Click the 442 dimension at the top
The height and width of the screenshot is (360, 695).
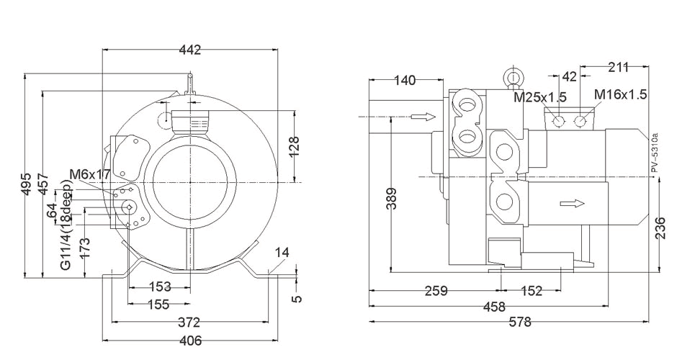click(x=189, y=50)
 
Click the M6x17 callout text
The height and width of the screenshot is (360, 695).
click(x=89, y=174)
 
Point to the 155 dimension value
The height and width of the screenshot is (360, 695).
click(x=159, y=305)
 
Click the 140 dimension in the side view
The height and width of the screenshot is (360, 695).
click(x=404, y=80)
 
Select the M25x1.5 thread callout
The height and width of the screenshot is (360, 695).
click(x=540, y=96)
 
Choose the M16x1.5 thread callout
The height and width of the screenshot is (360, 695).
click(x=620, y=94)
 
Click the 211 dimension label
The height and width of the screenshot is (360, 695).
click(x=618, y=68)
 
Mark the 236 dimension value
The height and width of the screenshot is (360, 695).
click(x=660, y=227)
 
